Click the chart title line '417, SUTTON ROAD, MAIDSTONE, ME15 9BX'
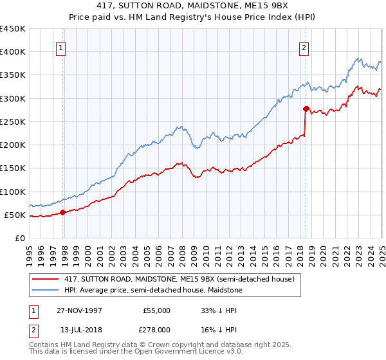tap(193, 6)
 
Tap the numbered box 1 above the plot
tap(60, 47)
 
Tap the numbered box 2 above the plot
tap(303, 47)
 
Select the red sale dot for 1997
tap(62, 212)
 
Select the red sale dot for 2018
tap(306, 108)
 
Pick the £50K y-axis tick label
tap(15, 215)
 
